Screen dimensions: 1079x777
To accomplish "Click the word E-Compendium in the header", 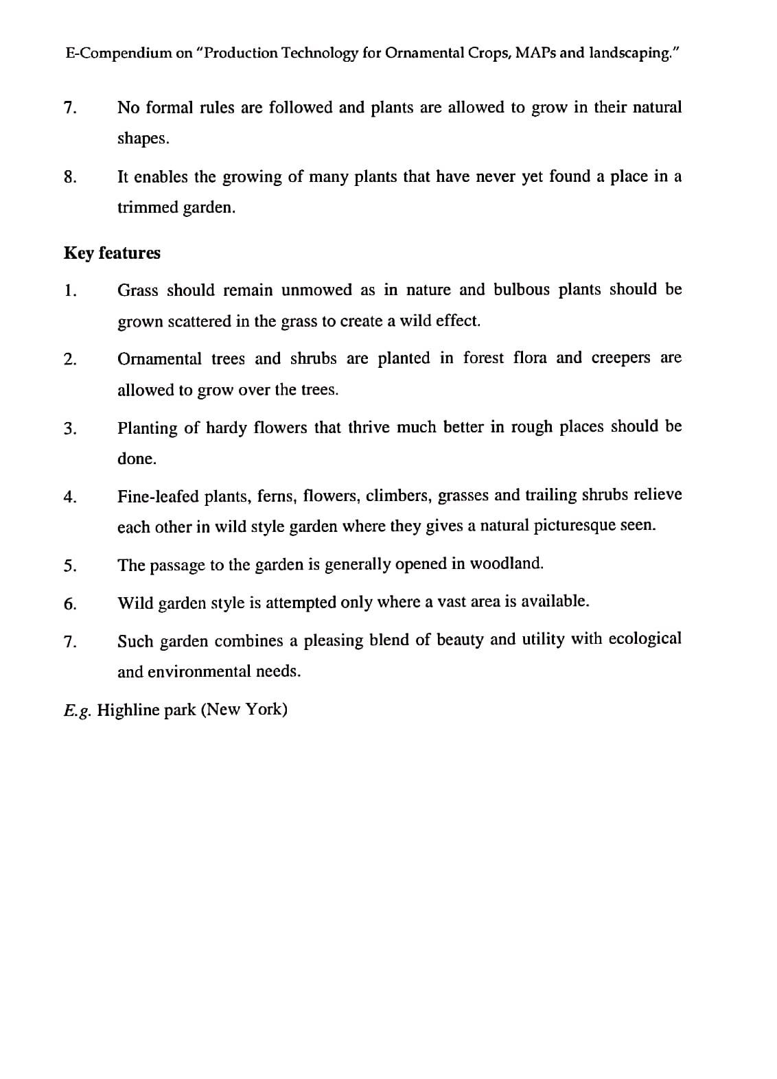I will (x=119, y=53).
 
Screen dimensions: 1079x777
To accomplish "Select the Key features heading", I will (x=112, y=253).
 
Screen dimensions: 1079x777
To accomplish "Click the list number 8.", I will (x=69, y=177).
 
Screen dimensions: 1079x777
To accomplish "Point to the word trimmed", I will (x=146, y=207).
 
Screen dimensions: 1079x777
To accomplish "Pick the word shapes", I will (x=143, y=138).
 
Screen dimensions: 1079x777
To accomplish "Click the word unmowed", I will (x=316, y=290).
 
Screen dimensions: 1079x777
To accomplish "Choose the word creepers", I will (x=621, y=358).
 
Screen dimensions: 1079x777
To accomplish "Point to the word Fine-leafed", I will (x=159, y=496).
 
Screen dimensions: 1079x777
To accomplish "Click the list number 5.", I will (x=69, y=566).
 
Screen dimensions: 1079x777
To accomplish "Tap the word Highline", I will (x=128, y=709).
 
